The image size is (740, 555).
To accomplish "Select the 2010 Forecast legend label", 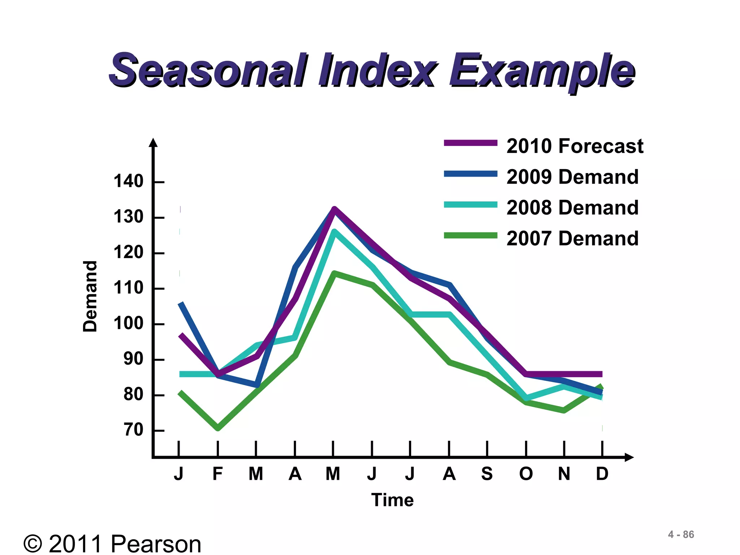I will click(x=575, y=146).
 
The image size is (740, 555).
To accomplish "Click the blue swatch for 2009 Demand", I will click(x=470, y=174).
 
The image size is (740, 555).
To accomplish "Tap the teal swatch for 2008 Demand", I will click(x=470, y=205).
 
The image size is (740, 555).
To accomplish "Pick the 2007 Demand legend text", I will click(x=572, y=238).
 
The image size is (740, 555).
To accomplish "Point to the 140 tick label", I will click(x=129, y=181).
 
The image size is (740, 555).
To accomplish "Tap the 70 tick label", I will click(x=133, y=430).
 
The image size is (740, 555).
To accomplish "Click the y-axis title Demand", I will click(x=90, y=296).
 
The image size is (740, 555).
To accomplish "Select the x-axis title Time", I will click(x=392, y=500).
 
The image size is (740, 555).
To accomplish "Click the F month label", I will click(x=218, y=474).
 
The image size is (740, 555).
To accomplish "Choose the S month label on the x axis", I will click(x=487, y=474).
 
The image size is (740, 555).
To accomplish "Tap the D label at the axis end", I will click(x=602, y=474).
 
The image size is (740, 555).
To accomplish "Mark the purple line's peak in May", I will click(x=334, y=209).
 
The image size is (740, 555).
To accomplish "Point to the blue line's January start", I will click(x=181, y=303).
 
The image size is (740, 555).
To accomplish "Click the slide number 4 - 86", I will click(x=681, y=534).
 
